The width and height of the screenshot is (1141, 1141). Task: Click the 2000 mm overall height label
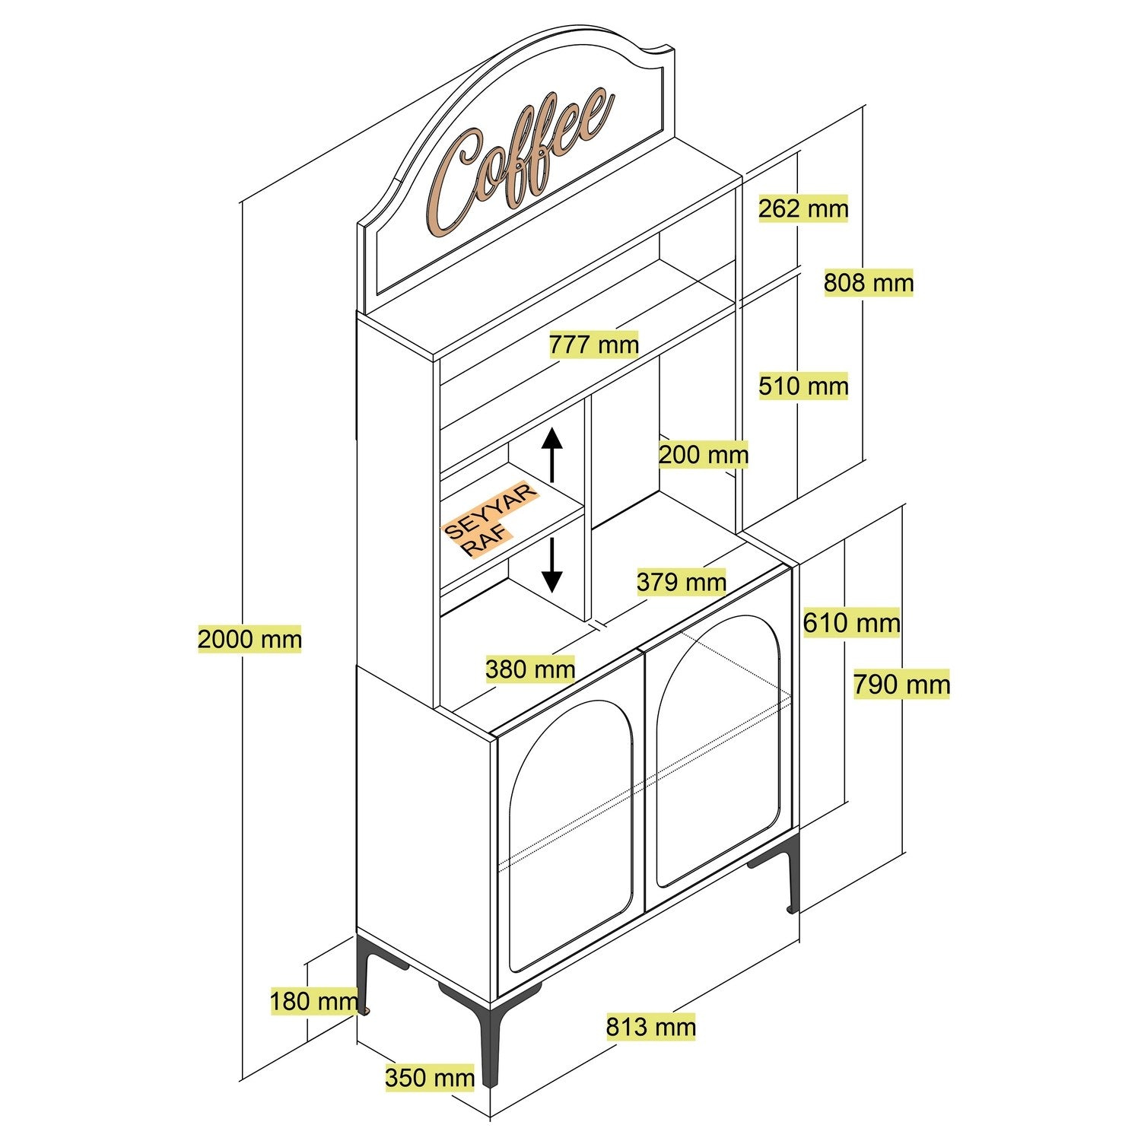[249, 638]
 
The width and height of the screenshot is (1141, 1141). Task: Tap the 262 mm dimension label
[803, 208]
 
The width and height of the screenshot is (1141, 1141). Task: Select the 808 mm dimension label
[869, 283]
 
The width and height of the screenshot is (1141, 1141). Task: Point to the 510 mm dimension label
[803, 386]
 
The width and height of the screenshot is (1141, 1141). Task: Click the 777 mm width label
[594, 345]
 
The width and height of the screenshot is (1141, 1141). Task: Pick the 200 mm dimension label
[704, 455]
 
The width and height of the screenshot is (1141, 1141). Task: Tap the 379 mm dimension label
[682, 582]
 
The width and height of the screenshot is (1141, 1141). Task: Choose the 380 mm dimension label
[530, 669]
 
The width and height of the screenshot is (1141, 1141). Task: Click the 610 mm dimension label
[852, 623]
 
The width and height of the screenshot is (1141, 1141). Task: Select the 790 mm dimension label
[901, 685]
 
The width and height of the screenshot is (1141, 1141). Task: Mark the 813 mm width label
[650, 1027]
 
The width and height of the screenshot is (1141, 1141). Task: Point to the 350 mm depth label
[430, 1078]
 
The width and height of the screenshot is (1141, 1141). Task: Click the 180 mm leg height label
[313, 1001]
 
